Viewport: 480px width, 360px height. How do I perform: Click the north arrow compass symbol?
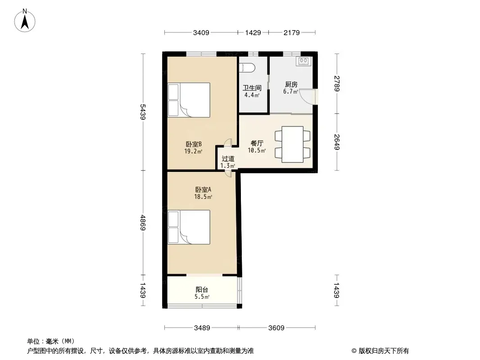(x=25, y=21)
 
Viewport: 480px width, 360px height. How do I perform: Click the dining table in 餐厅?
(x=292, y=144)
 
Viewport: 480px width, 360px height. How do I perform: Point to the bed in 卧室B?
(x=189, y=100)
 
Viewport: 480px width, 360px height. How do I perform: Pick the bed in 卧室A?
(x=189, y=227)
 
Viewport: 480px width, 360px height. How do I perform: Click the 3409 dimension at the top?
(x=201, y=32)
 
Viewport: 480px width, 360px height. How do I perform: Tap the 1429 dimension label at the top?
(x=253, y=32)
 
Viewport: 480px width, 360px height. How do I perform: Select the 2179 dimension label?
(x=292, y=32)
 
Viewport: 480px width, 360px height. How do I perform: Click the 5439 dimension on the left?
(x=143, y=112)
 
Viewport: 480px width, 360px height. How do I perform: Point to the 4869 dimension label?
(x=143, y=223)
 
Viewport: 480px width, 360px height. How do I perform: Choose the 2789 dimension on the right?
(x=337, y=84)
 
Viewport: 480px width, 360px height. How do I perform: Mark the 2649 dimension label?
(x=337, y=142)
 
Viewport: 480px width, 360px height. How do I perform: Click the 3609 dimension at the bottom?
(x=276, y=328)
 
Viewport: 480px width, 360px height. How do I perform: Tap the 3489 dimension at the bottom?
(x=202, y=328)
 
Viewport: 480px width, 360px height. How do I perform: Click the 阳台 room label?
(x=202, y=289)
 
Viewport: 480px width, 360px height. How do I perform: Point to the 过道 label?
(x=228, y=159)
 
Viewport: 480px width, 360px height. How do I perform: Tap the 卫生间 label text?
(x=252, y=88)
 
